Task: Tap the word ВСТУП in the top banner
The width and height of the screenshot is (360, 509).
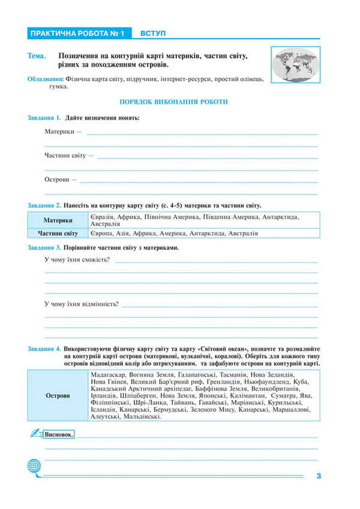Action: point(153,32)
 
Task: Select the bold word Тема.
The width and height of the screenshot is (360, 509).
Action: point(37,55)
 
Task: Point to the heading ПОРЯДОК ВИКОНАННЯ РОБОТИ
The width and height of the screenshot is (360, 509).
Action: point(173,101)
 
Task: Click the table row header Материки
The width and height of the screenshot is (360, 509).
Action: point(57,220)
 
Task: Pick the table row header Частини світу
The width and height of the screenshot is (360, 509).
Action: point(57,233)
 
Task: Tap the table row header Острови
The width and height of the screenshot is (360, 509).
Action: point(57,395)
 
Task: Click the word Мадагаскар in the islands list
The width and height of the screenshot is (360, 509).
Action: point(107,374)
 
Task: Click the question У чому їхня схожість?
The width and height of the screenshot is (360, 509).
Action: point(77,260)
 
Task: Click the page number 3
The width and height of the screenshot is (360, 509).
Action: point(318,476)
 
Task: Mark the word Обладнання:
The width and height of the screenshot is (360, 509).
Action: point(45,79)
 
